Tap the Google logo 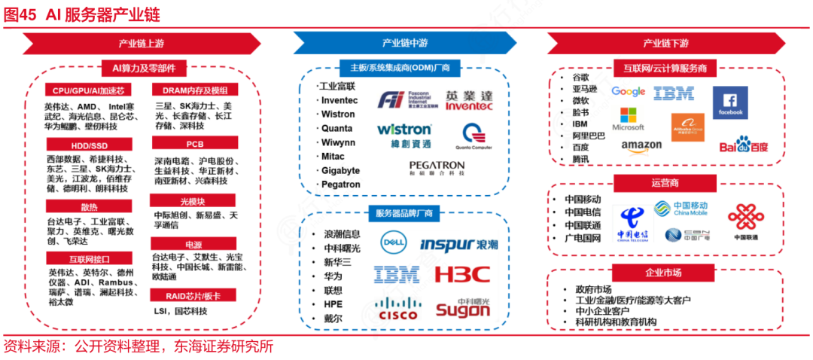pos(629,92)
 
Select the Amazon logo pos(641,145)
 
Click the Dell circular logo pos(393,243)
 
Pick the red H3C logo pos(461,274)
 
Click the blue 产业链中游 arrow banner pos(404,43)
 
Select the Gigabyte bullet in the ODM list pos(340,170)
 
